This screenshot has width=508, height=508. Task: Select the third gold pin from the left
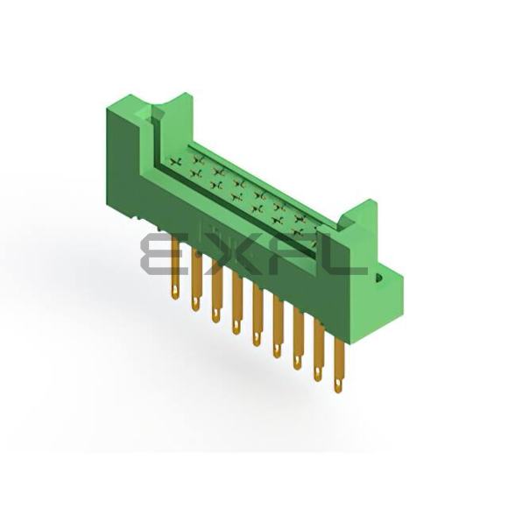[x=216, y=291]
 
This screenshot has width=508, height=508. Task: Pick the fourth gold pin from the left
[x=237, y=303]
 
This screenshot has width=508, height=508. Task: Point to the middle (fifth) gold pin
[x=258, y=315]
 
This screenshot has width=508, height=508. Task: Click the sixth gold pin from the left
[x=278, y=327]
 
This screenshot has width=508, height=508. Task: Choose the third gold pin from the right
[x=299, y=339]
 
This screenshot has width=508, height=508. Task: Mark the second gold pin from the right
[x=319, y=351]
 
